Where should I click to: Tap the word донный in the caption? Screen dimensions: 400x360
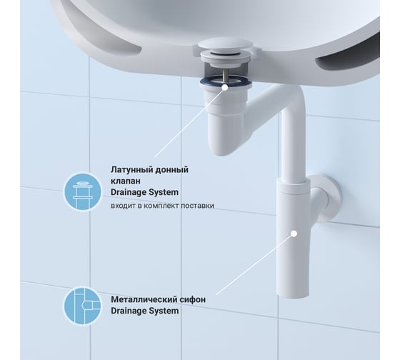coord(171,170)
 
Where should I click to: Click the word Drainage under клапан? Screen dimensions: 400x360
coord(129,192)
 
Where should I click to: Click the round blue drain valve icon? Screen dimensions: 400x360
coord(82,192)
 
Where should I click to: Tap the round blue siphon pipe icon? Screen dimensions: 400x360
coord(82,306)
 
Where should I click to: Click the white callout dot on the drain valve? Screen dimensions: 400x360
coord(225,88)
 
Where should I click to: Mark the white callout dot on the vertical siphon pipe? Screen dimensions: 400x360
coord(294,234)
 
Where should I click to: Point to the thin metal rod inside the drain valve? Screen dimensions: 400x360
coord(225,76)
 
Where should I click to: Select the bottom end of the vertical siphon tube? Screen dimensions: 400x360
coord(293,296)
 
